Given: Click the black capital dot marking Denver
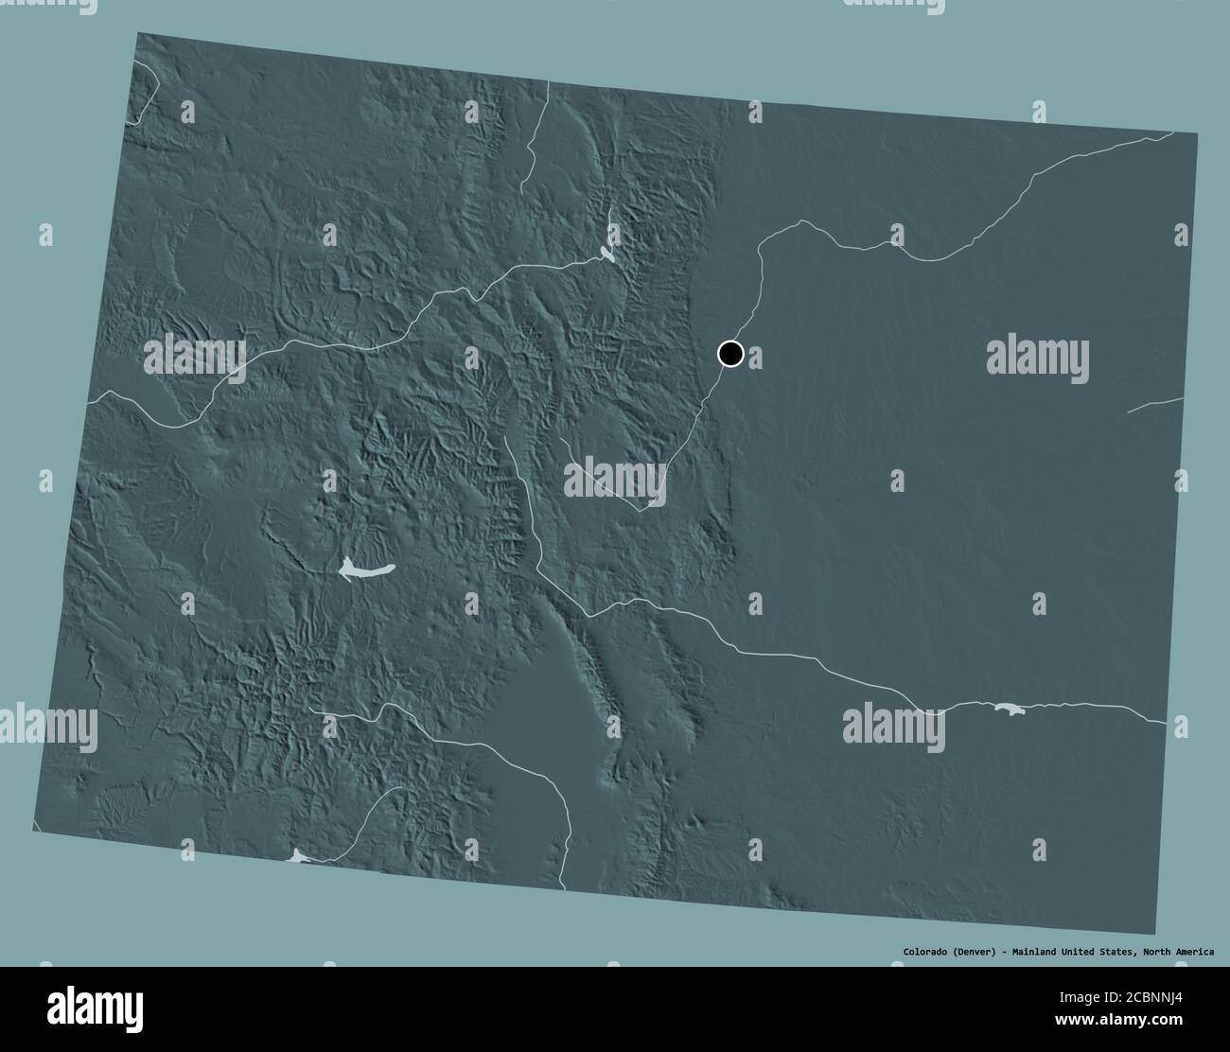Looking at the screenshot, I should (x=729, y=354).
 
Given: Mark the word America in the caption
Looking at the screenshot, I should (x=1200, y=951).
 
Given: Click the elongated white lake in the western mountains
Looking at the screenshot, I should (x=364, y=570).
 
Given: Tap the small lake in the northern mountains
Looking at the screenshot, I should (x=606, y=253).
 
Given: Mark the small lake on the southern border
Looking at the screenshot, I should (x=299, y=856).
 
